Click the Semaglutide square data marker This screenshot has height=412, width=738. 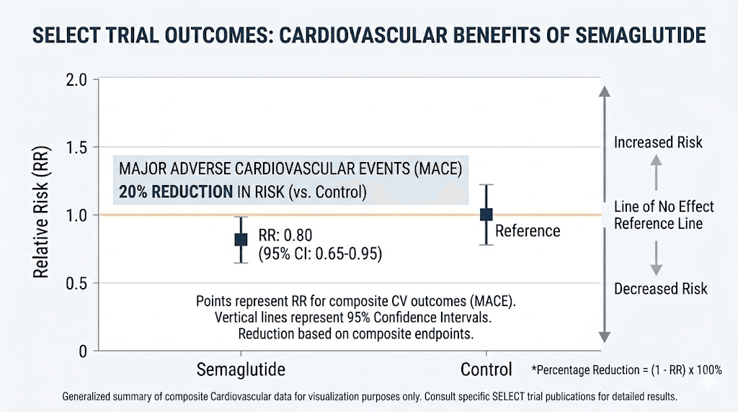241,239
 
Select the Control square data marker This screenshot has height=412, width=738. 486,215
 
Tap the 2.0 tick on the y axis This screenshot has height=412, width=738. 76,80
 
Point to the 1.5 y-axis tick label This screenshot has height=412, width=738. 76,148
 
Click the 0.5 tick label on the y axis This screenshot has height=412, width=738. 76,283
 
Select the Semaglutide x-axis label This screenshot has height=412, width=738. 241,370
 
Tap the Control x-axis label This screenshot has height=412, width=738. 486,370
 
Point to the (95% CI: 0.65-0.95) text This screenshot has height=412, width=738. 320,254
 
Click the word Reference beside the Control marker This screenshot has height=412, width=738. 527,230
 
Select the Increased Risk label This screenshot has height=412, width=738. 658,143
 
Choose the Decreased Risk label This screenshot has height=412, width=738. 660,289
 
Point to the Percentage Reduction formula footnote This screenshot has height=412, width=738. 626,370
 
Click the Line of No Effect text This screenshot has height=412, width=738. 664,207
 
